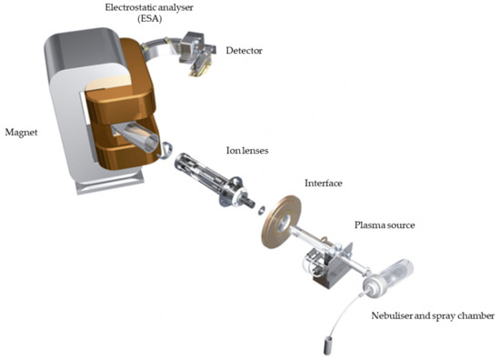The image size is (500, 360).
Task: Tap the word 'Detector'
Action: pyautogui.click(x=243, y=51)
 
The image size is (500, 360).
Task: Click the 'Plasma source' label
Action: pyautogui.click(x=383, y=225)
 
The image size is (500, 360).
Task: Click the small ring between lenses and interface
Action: pyautogui.click(x=263, y=211)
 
